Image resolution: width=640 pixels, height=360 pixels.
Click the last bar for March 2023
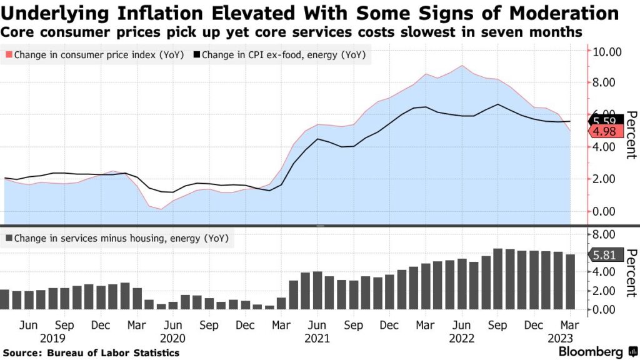(570, 282)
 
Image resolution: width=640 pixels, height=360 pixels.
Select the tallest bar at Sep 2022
(497, 279)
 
